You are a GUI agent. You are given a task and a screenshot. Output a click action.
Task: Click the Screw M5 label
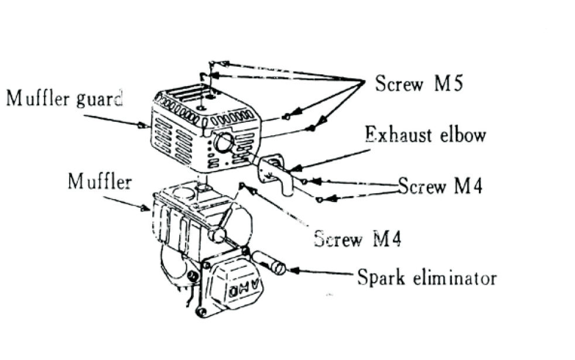coord(419,84)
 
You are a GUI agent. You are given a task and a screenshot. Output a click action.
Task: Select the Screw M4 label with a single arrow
coord(358,239)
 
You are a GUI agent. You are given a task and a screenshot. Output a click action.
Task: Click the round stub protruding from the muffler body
coord(217,235)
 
